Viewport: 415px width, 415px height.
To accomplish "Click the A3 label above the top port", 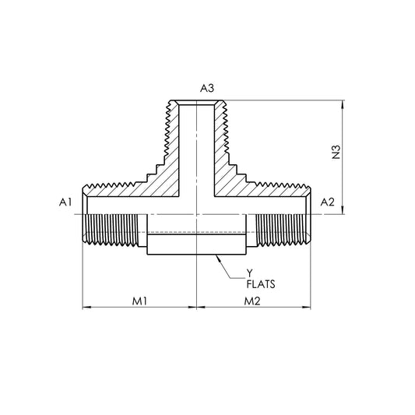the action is point(206,88).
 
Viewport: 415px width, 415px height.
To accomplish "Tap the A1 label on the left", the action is point(65,202).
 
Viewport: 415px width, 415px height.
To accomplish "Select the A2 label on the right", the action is point(327,202).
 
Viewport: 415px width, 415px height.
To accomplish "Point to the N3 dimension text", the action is point(336,152).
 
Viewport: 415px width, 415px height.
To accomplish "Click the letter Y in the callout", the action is point(250,273).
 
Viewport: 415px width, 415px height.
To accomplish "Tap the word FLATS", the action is point(261,284).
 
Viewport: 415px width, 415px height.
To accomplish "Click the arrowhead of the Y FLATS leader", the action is point(218,257).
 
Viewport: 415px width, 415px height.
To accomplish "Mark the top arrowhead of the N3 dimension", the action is point(343,104).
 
